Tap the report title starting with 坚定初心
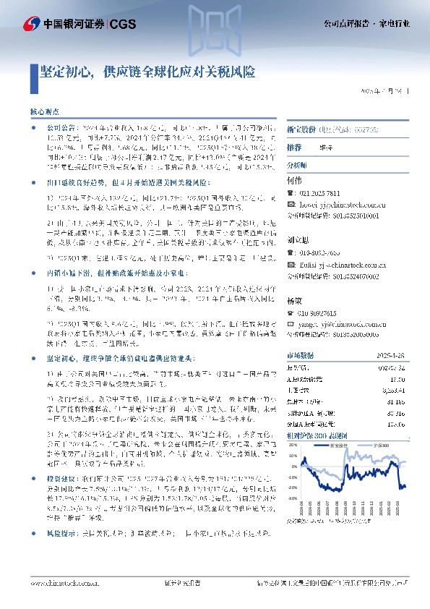[x=148, y=72]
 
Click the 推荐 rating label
[x=294, y=147]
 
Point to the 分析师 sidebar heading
[x=298, y=165]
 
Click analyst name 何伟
[x=294, y=180]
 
